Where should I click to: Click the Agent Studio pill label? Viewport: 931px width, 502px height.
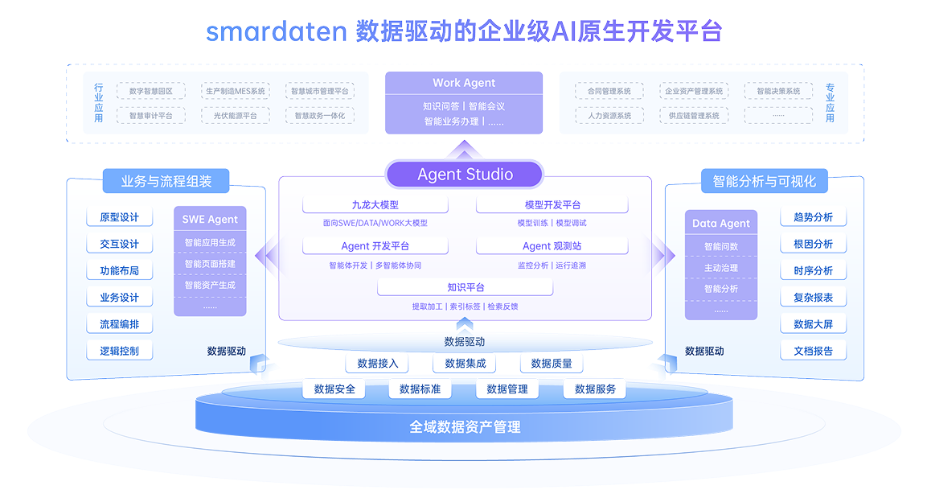tap(465, 175)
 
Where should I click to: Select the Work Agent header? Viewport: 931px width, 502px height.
tap(464, 83)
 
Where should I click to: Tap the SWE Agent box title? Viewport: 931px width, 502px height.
tap(210, 219)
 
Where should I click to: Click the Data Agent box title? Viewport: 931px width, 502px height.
tap(721, 224)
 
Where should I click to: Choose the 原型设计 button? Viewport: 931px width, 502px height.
tap(119, 217)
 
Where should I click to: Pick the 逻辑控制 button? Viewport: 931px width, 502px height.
tap(119, 351)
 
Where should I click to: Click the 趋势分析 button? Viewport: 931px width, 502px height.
tap(813, 217)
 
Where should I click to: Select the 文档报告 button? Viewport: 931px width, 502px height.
tap(813, 351)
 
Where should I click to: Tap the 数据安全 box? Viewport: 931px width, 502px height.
tap(334, 389)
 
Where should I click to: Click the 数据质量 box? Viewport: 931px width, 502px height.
tap(552, 364)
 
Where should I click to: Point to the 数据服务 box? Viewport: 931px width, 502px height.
tap(595, 389)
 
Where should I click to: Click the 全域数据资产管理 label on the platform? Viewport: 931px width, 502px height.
tap(465, 427)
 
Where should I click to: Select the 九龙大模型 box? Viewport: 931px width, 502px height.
tap(375, 205)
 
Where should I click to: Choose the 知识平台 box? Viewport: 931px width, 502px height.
tap(465, 287)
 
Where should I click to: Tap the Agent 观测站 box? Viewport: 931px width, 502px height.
tap(552, 246)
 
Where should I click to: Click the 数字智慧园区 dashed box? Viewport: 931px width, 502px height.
tap(151, 92)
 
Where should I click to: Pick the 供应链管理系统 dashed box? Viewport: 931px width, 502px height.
tap(693, 116)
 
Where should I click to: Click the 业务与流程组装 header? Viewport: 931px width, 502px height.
tap(166, 182)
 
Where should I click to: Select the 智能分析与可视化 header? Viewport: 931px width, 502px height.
tap(764, 182)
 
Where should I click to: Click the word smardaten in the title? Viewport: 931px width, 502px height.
tap(276, 32)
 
